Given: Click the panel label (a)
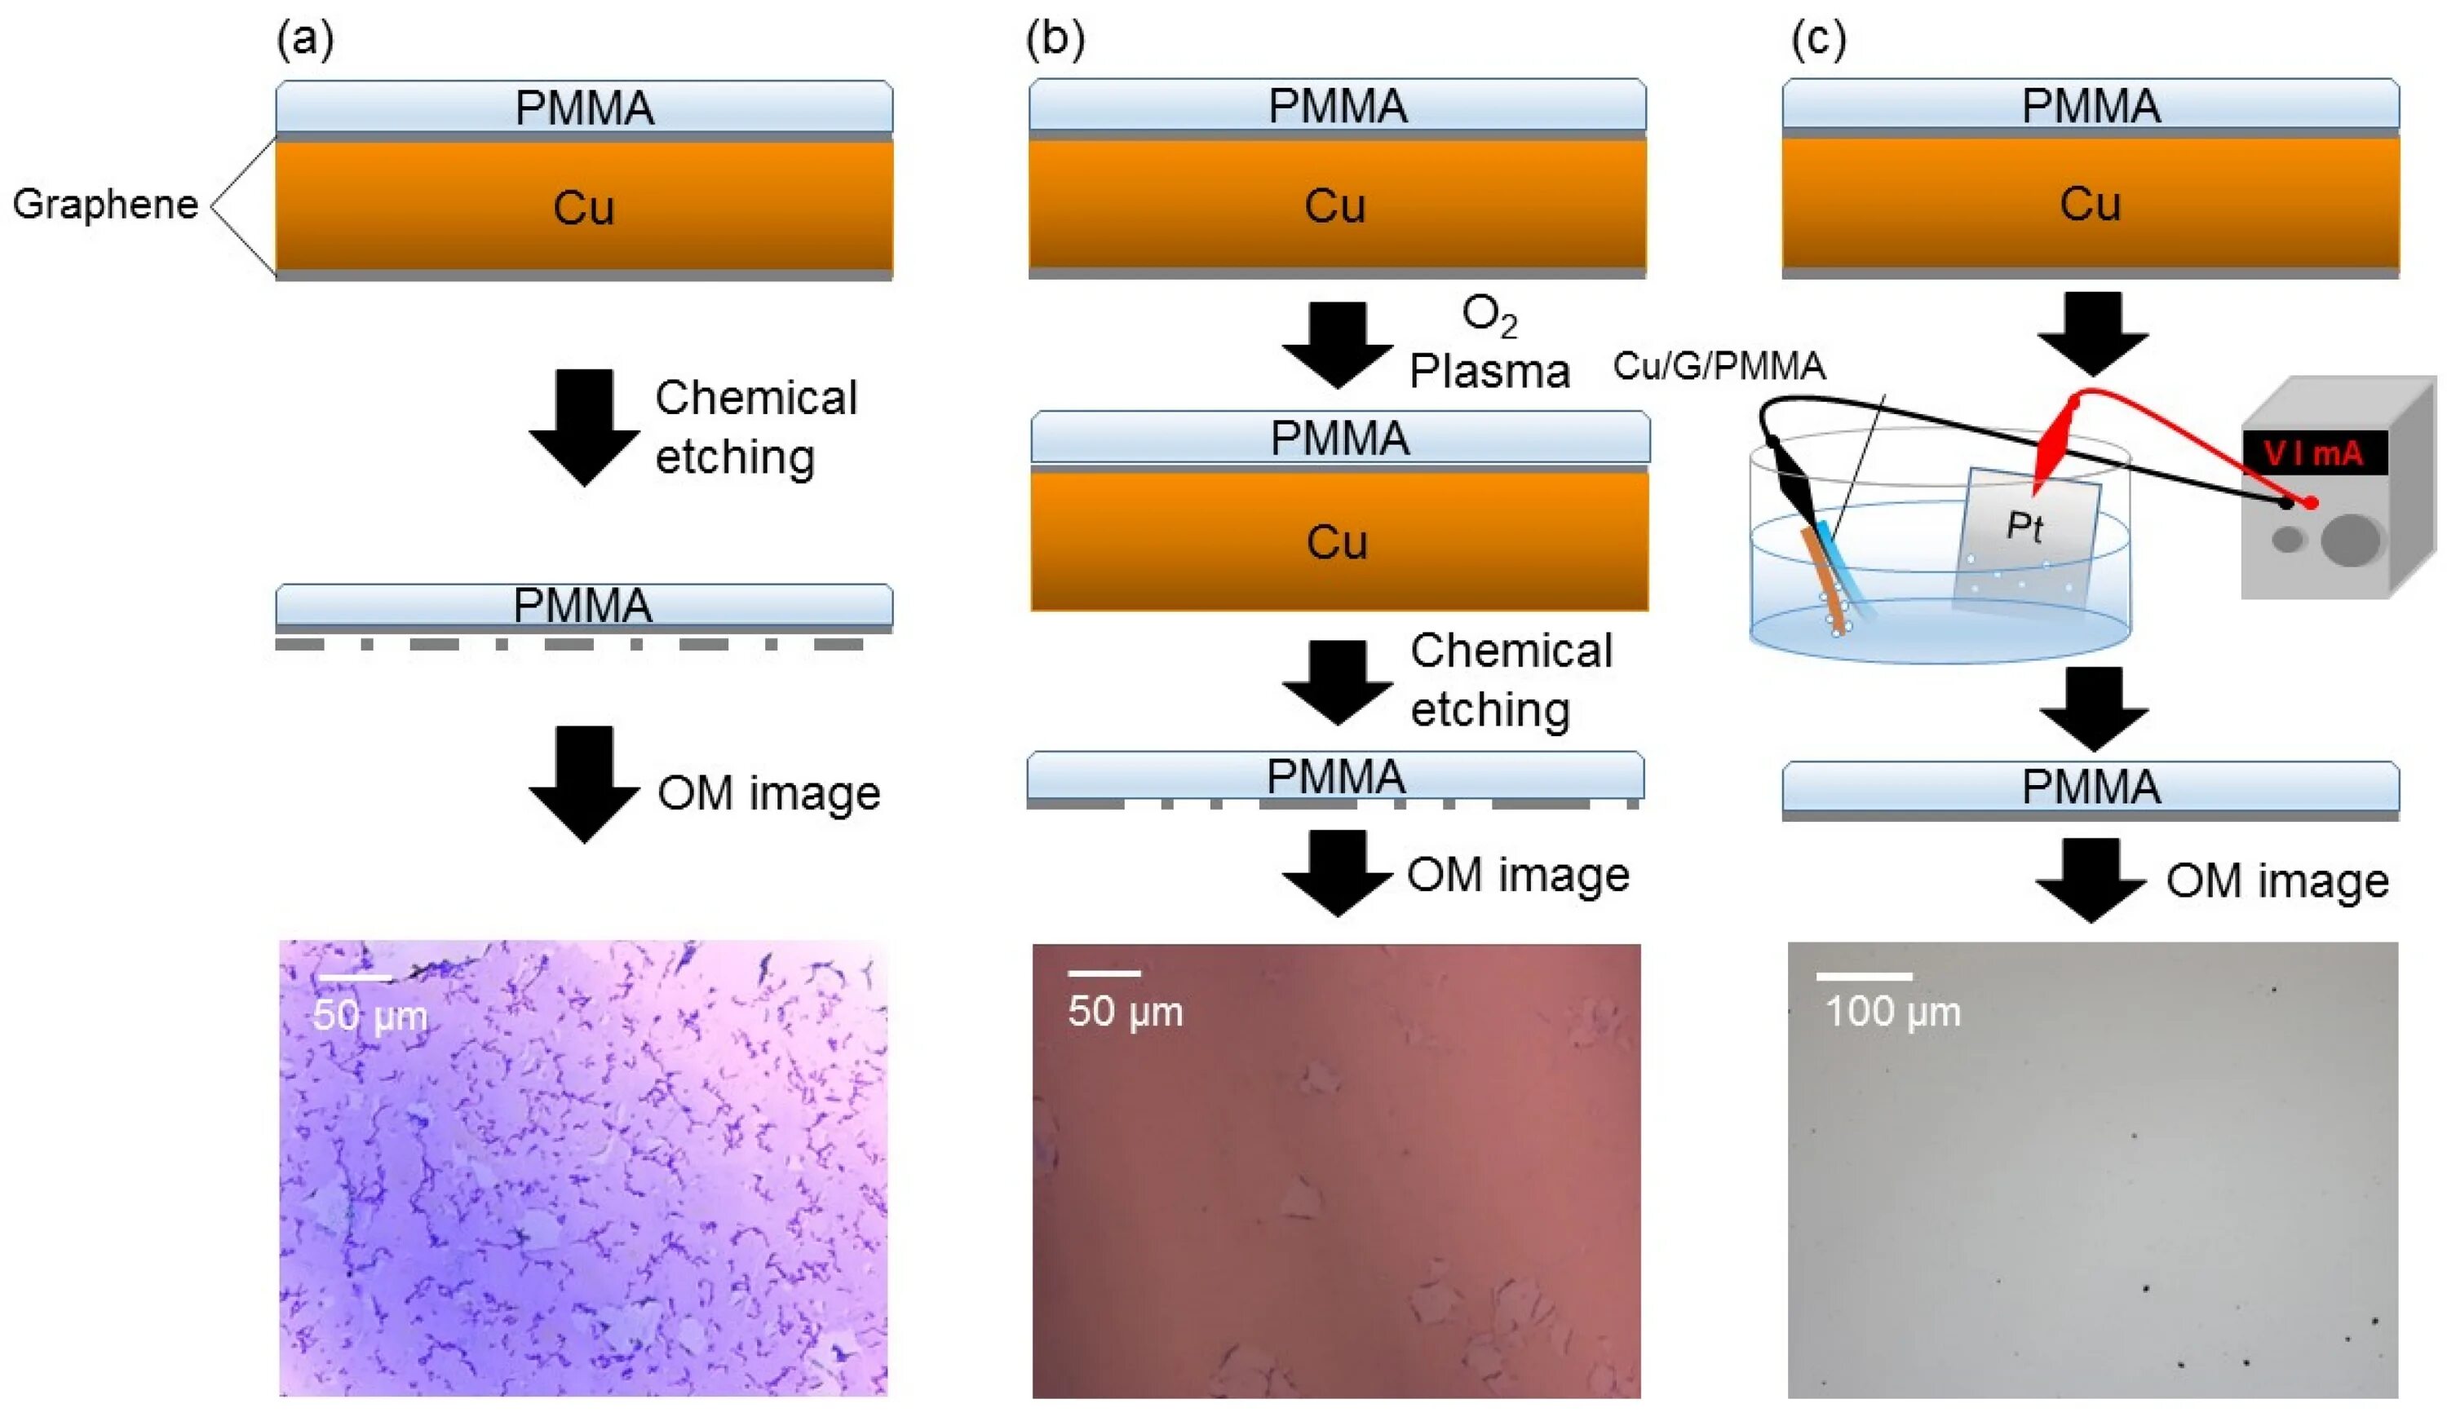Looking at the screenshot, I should point(305,41).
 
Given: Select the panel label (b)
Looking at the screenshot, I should point(1055,41).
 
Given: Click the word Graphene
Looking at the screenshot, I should point(105,205).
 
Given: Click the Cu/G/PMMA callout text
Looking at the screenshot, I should point(1719,367).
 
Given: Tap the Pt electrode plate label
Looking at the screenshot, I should point(2024,526).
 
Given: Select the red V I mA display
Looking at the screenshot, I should point(2314,453).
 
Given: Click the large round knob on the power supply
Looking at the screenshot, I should point(2351,540).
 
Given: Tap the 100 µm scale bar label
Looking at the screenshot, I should point(1892,1012).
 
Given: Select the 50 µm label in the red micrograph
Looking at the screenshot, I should point(1126,1012).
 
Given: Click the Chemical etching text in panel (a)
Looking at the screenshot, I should point(755,427).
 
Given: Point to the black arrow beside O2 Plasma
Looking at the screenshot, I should point(1338,345).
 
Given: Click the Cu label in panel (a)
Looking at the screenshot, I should point(583,209).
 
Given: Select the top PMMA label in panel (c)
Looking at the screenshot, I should point(2091,106).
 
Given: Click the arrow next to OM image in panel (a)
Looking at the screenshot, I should point(583,783).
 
